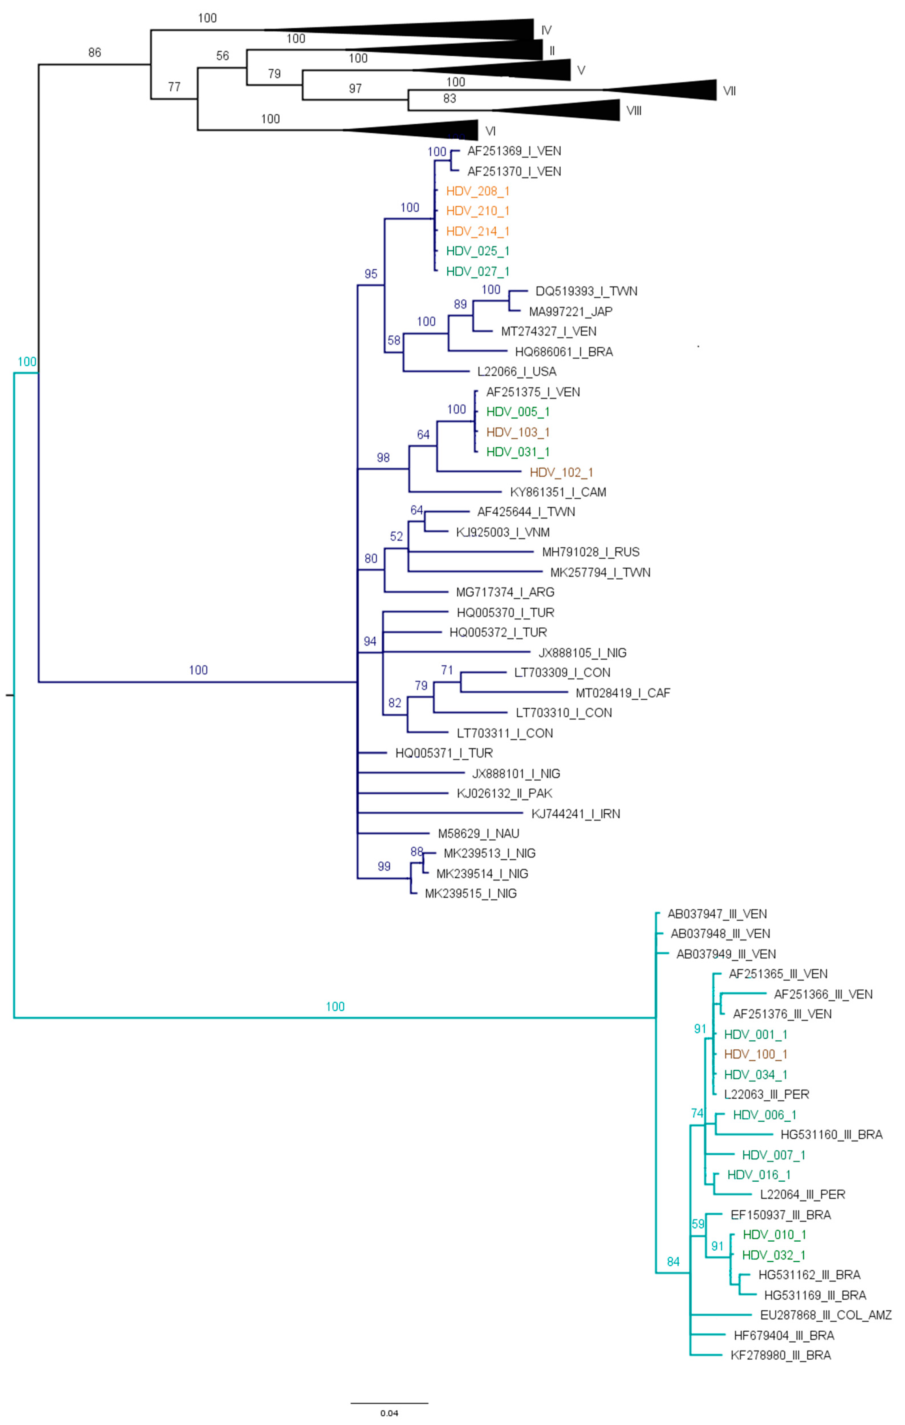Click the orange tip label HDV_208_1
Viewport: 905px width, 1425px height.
coord(477,191)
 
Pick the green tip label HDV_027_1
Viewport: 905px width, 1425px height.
coord(477,272)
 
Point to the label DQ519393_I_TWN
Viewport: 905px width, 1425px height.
coord(585,291)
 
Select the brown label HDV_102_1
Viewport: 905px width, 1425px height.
coord(561,472)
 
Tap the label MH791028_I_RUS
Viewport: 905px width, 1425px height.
coord(590,552)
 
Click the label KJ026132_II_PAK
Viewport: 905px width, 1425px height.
coord(504,794)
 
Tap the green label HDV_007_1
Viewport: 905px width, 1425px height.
coord(773,1155)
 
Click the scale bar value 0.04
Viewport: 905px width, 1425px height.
coord(389,1413)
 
